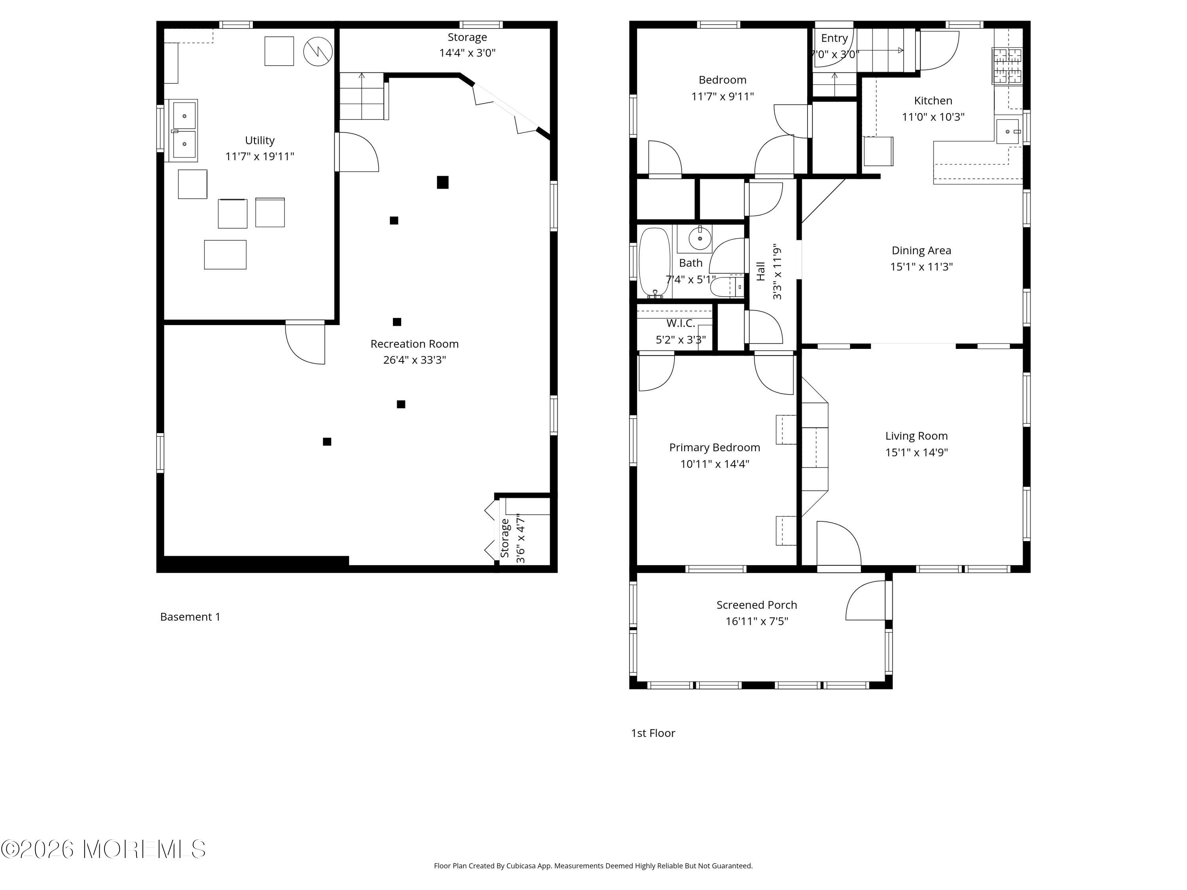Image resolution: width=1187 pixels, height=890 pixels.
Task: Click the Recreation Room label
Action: [x=414, y=344]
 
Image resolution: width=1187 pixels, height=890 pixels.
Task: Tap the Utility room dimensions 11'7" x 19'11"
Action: [x=260, y=157]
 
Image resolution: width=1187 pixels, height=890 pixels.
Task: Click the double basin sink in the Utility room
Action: [x=184, y=130]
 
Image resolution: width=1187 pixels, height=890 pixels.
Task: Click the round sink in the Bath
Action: [x=700, y=238]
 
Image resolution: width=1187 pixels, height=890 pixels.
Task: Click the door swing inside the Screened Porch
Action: [x=867, y=601]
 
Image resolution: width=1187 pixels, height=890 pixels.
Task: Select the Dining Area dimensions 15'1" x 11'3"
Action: [x=922, y=267]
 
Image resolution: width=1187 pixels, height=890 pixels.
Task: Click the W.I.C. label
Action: [x=681, y=324]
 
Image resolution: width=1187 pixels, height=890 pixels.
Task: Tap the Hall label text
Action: [x=761, y=271]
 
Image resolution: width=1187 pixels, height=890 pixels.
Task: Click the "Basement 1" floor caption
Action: [x=190, y=617]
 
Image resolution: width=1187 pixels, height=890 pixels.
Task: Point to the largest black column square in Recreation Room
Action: [x=443, y=182]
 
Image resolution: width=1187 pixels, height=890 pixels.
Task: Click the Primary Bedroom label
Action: [x=715, y=447]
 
